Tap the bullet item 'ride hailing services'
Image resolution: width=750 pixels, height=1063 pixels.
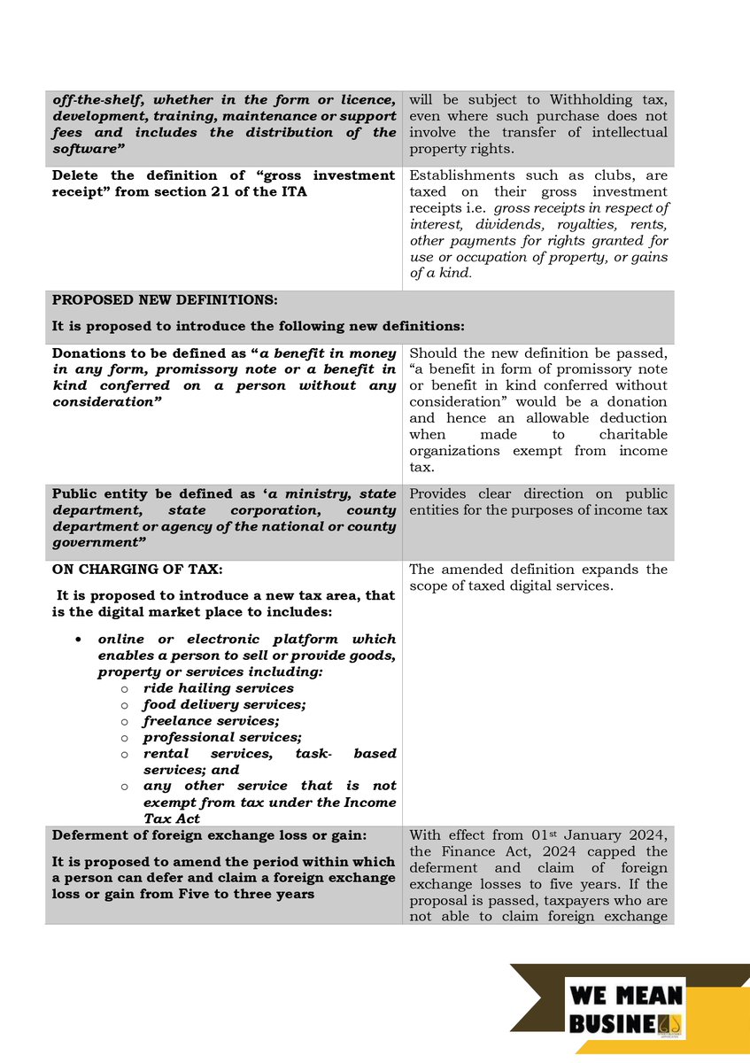coord(218,687)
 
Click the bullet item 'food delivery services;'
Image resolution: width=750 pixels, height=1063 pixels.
coord(224,704)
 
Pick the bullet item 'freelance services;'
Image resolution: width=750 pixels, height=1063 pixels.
coord(211,720)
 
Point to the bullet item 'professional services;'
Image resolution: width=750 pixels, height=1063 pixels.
coord(222,737)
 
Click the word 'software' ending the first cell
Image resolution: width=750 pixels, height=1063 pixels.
coord(86,149)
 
